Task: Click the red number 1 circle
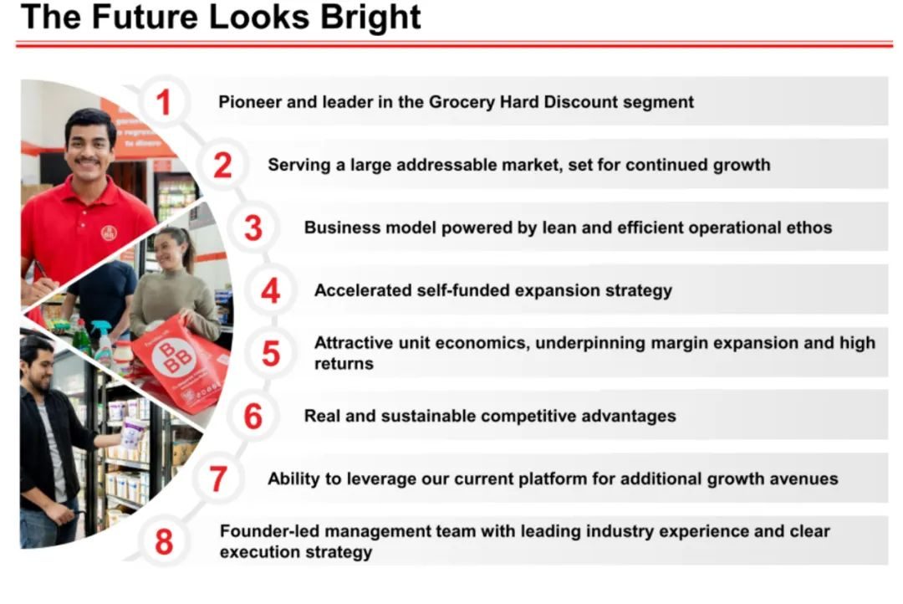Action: [x=164, y=102]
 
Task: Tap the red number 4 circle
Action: [x=271, y=290]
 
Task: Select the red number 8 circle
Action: [x=164, y=542]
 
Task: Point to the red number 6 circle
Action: [x=253, y=416]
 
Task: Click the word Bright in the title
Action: [x=370, y=18]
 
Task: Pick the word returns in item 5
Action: [x=344, y=364]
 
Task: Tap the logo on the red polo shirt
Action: [x=109, y=233]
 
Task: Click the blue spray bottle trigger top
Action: [x=101, y=328]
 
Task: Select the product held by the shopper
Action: [x=133, y=433]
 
